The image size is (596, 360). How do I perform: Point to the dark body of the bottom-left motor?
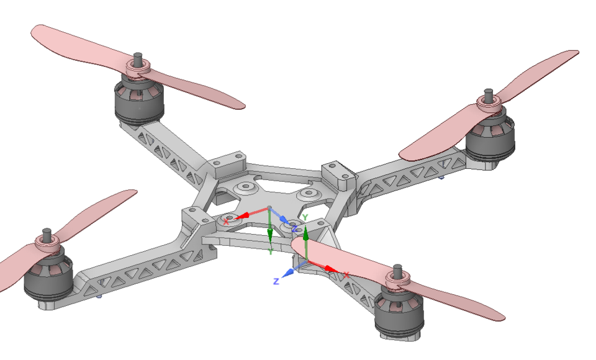coord(49,283)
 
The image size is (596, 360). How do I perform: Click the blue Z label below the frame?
coord(276,281)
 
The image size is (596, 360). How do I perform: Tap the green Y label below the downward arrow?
coord(271,251)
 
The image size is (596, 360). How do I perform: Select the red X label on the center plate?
coord(226,221)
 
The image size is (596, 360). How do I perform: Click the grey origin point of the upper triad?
coord(269,207)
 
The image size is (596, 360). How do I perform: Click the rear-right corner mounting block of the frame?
coord(338,174)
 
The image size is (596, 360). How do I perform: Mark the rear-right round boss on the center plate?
coord(308,195)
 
